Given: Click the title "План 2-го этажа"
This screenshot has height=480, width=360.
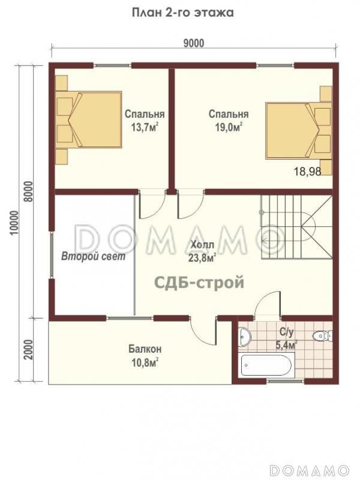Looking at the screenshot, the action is pyautogui.click(x=183, y=13).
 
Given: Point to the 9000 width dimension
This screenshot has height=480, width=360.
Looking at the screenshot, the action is pyautogui.click(x=194, y=43).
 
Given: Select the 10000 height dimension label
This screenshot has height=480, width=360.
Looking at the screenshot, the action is pyautogui.click(x=14, y=223).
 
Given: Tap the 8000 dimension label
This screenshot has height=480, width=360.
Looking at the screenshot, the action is pyautogui.click(x=28, y=191).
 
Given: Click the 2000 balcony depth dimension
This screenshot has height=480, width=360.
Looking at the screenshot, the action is pyautogui.click(x=28, y=350).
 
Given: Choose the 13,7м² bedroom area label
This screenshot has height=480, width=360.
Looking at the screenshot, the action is pyautogui.click(x=145, y=127).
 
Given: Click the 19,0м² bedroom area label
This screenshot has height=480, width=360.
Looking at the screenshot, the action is pyautogui.click(x=229, y=127).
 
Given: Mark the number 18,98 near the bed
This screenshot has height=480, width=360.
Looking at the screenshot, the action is pyautogui.click(x=308, y=172).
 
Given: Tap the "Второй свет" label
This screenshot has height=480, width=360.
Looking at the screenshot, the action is pyautogui.click(x=94, y=256).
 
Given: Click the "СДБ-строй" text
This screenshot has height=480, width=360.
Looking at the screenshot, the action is pyautogui.click(x=200, y=282).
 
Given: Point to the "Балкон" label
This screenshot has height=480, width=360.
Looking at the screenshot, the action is pyautogui.click(x=145, y=349).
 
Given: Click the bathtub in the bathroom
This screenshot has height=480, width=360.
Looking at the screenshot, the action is pyautogui.click(x=266, y=365).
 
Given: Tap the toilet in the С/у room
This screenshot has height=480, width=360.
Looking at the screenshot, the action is pyautogui.click(x=323, y=336).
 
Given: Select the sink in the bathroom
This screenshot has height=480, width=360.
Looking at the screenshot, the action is pyautogui.click(x=245, y=337).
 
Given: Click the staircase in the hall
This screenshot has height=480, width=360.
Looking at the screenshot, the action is pyautogui.click(x=296, y=228).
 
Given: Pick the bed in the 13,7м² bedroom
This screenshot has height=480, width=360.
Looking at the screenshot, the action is pyautogui.click(x=89, y=119).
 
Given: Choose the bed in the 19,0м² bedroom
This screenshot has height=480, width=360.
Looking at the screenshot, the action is pyautogui.click(x=299, y=131).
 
